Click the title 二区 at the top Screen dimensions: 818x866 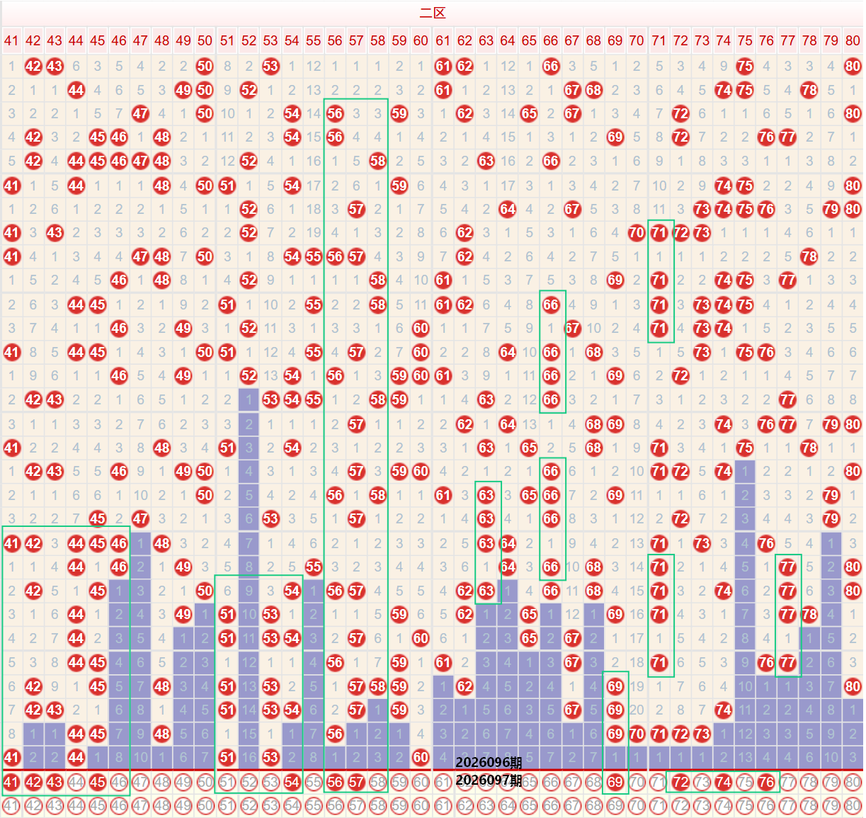(433, 13)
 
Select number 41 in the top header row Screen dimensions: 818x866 (11, 40)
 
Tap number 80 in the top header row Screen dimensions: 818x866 (853, 40)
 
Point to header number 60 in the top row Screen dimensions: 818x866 (421, 40)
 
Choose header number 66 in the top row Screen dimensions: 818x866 (550, 40)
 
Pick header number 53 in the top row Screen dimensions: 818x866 (270, 40)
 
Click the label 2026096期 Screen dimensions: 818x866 (489, 763)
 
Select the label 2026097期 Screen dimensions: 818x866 (489, 780)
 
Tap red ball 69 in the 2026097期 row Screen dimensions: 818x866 (615, 783)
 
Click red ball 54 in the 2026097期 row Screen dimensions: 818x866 (292, 783)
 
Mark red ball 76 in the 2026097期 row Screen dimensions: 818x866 (766, 783)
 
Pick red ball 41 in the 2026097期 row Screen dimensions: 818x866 (11, 783)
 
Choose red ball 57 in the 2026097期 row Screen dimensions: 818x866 (356, 783)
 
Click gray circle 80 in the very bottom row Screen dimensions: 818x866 (853, 805)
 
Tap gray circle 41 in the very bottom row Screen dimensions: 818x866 (11, 805)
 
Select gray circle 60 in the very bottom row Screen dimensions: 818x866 (421, 805)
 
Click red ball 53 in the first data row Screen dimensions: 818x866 (270, 67)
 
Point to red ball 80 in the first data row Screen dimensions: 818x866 (853, 67)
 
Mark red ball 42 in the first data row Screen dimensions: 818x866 (33, 67)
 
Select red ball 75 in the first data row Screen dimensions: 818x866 (745, 67)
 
